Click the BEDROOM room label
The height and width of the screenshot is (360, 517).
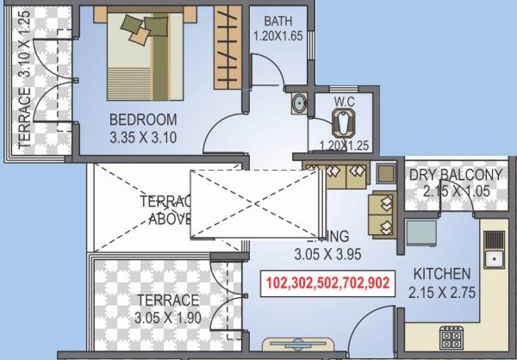click(x=143, y=119)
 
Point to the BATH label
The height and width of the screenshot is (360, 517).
click(x=277, y=21)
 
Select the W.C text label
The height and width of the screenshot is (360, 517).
click(x=345, y=102)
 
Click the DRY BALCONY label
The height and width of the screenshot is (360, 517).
click(x=455, y=176)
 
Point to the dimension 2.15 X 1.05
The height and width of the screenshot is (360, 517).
click(x=455, y=192)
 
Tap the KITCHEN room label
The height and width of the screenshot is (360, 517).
click(x=441, y=274)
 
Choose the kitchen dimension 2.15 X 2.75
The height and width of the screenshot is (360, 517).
click(x=441, y=291)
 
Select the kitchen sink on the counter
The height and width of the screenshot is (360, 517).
click(x=495, y=250)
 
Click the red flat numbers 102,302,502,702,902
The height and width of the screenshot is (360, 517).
click(x=327, y=282)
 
